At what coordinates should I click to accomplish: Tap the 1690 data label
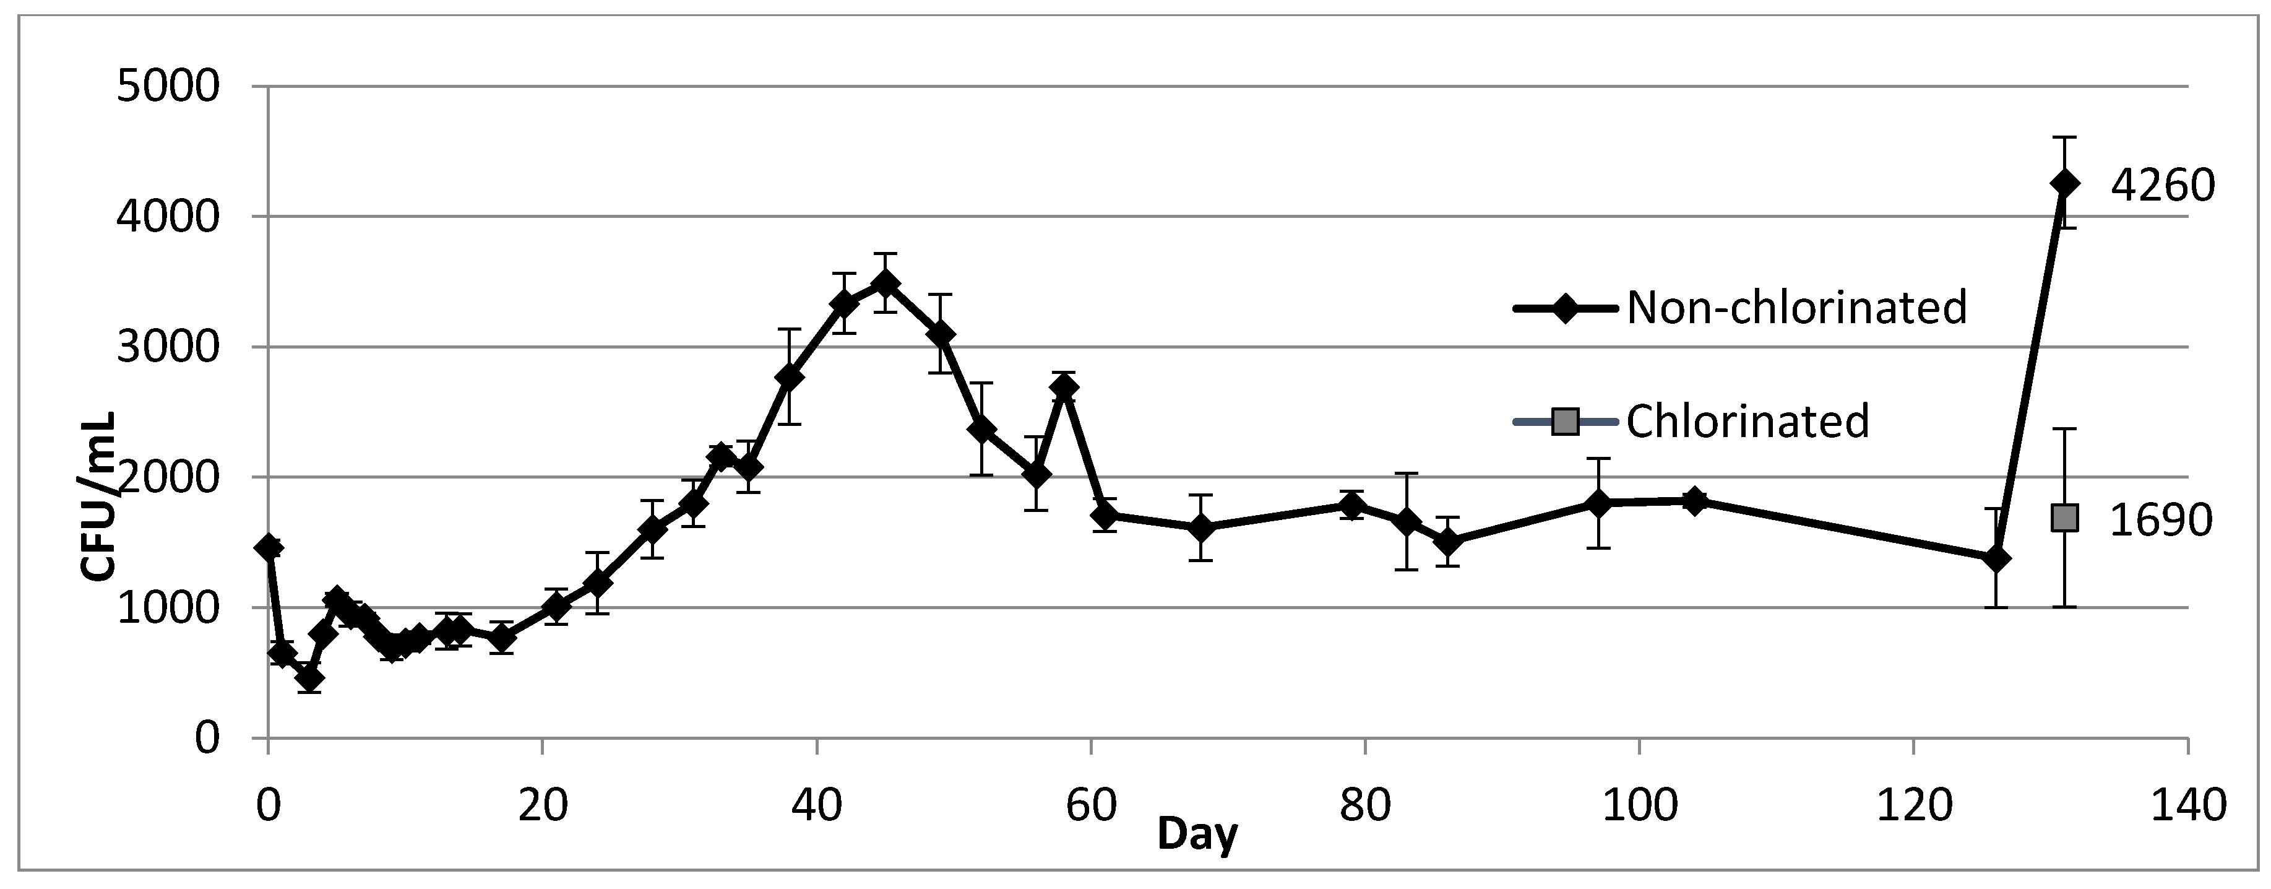click(x=2160, y=521)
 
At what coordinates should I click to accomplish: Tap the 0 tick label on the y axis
click(x=206, y=737)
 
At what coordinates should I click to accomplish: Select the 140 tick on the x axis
click(x=2187, y=806)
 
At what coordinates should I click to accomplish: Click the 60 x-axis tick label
click(x=1092, y=806)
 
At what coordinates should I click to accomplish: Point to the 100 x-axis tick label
click(x=1639, y=806)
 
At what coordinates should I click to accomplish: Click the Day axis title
click(x=1197, y=833)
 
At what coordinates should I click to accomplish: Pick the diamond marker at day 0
click(x=268, y=547)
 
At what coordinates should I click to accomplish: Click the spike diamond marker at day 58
click(x=1064, y=386)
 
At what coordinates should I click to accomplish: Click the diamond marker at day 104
click(x=1694, y=500)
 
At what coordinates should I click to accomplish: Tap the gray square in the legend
click(x=1565, y=422)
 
